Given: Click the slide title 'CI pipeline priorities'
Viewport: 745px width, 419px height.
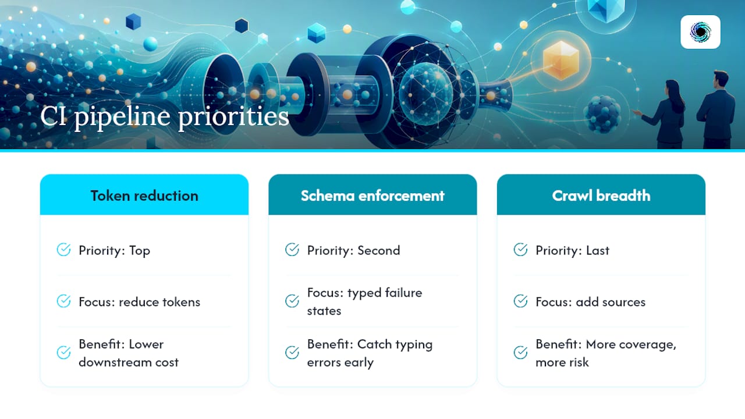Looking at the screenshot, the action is coord(165,117).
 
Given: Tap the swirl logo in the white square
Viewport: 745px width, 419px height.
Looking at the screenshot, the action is coord(700,32).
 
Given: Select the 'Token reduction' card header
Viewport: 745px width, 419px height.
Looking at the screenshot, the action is coord(144,195).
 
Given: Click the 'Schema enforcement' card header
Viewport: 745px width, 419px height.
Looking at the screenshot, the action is coord(372,195).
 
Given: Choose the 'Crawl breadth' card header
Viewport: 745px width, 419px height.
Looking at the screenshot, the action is coord(601,195).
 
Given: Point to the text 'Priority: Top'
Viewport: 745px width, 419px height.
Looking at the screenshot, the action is coord(115,250).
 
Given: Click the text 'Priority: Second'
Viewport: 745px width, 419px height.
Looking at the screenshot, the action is coord(353,250).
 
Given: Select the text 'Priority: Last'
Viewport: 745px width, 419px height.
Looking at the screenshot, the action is coord(572,250).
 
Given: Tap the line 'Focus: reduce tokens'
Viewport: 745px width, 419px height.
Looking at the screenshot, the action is coord(139,302).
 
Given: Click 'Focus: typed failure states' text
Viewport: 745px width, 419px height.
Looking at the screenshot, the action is coord(364,301).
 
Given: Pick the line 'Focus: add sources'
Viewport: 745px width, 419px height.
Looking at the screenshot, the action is coord(590,302).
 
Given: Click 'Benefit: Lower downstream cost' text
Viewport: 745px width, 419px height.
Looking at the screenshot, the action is coord(129,353).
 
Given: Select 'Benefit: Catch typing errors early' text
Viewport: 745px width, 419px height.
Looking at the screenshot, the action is coord(370,353).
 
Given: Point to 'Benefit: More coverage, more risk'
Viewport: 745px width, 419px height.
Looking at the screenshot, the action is coord(606,353).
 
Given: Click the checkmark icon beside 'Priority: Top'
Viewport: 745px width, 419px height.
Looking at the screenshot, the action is coord(63,250).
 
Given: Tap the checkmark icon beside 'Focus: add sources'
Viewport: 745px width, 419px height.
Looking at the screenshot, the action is coord(520,301).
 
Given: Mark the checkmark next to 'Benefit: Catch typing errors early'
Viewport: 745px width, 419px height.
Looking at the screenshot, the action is coord(292,353).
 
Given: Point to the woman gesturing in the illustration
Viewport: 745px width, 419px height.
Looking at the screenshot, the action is coord(662,115).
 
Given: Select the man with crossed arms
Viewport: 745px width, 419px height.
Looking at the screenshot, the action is coord(716,110).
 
